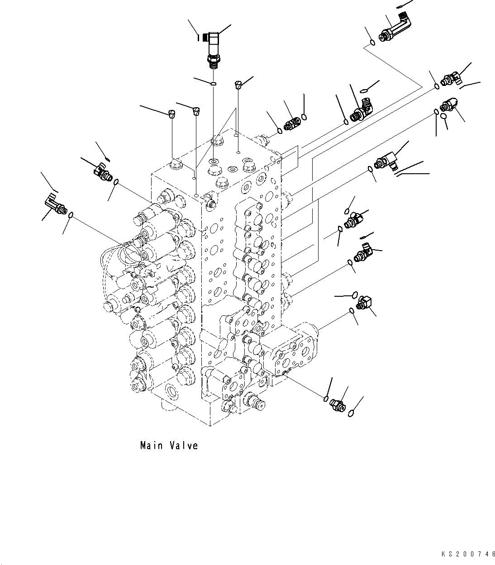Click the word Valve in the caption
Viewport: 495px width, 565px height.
[184, 446]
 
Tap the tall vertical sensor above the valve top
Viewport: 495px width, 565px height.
[212, 49]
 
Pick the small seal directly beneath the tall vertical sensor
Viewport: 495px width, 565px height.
[213, 83]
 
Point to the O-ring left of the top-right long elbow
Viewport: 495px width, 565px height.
[371, 43]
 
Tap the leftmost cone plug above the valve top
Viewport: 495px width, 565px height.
[171, 113]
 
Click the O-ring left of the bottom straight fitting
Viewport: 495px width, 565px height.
[326, 398]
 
